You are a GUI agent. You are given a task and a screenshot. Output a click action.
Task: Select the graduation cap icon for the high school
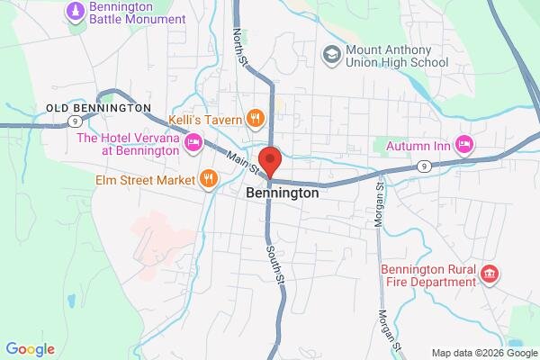coord(330,55)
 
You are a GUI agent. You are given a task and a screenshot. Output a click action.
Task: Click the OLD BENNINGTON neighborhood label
coord(98,108)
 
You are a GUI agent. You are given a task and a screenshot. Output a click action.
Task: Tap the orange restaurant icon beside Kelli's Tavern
coord(256,118)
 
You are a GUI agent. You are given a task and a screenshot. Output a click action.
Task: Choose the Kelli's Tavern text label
coord(205,119)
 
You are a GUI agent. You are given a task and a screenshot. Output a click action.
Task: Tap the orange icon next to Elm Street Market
coord(209,179)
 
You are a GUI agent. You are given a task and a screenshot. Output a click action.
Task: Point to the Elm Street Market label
coord(145,180)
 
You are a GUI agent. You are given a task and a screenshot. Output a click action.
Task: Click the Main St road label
coord(243,162)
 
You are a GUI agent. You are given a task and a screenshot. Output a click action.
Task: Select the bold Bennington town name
coord(282,193)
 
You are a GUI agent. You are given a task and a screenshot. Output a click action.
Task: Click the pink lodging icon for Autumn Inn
coord(464,144)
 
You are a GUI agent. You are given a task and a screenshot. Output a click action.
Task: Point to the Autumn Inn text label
coord(417,145)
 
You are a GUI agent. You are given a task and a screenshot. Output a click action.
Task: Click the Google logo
coord(30,349)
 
